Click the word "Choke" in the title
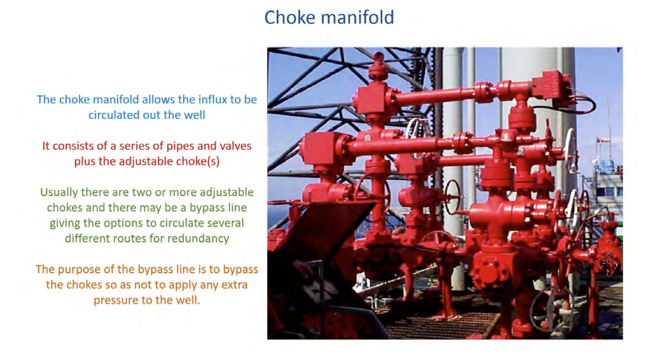point(289,17)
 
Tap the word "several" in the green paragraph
point(225,223)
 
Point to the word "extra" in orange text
point(234,285)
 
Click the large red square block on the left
point(319,148)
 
